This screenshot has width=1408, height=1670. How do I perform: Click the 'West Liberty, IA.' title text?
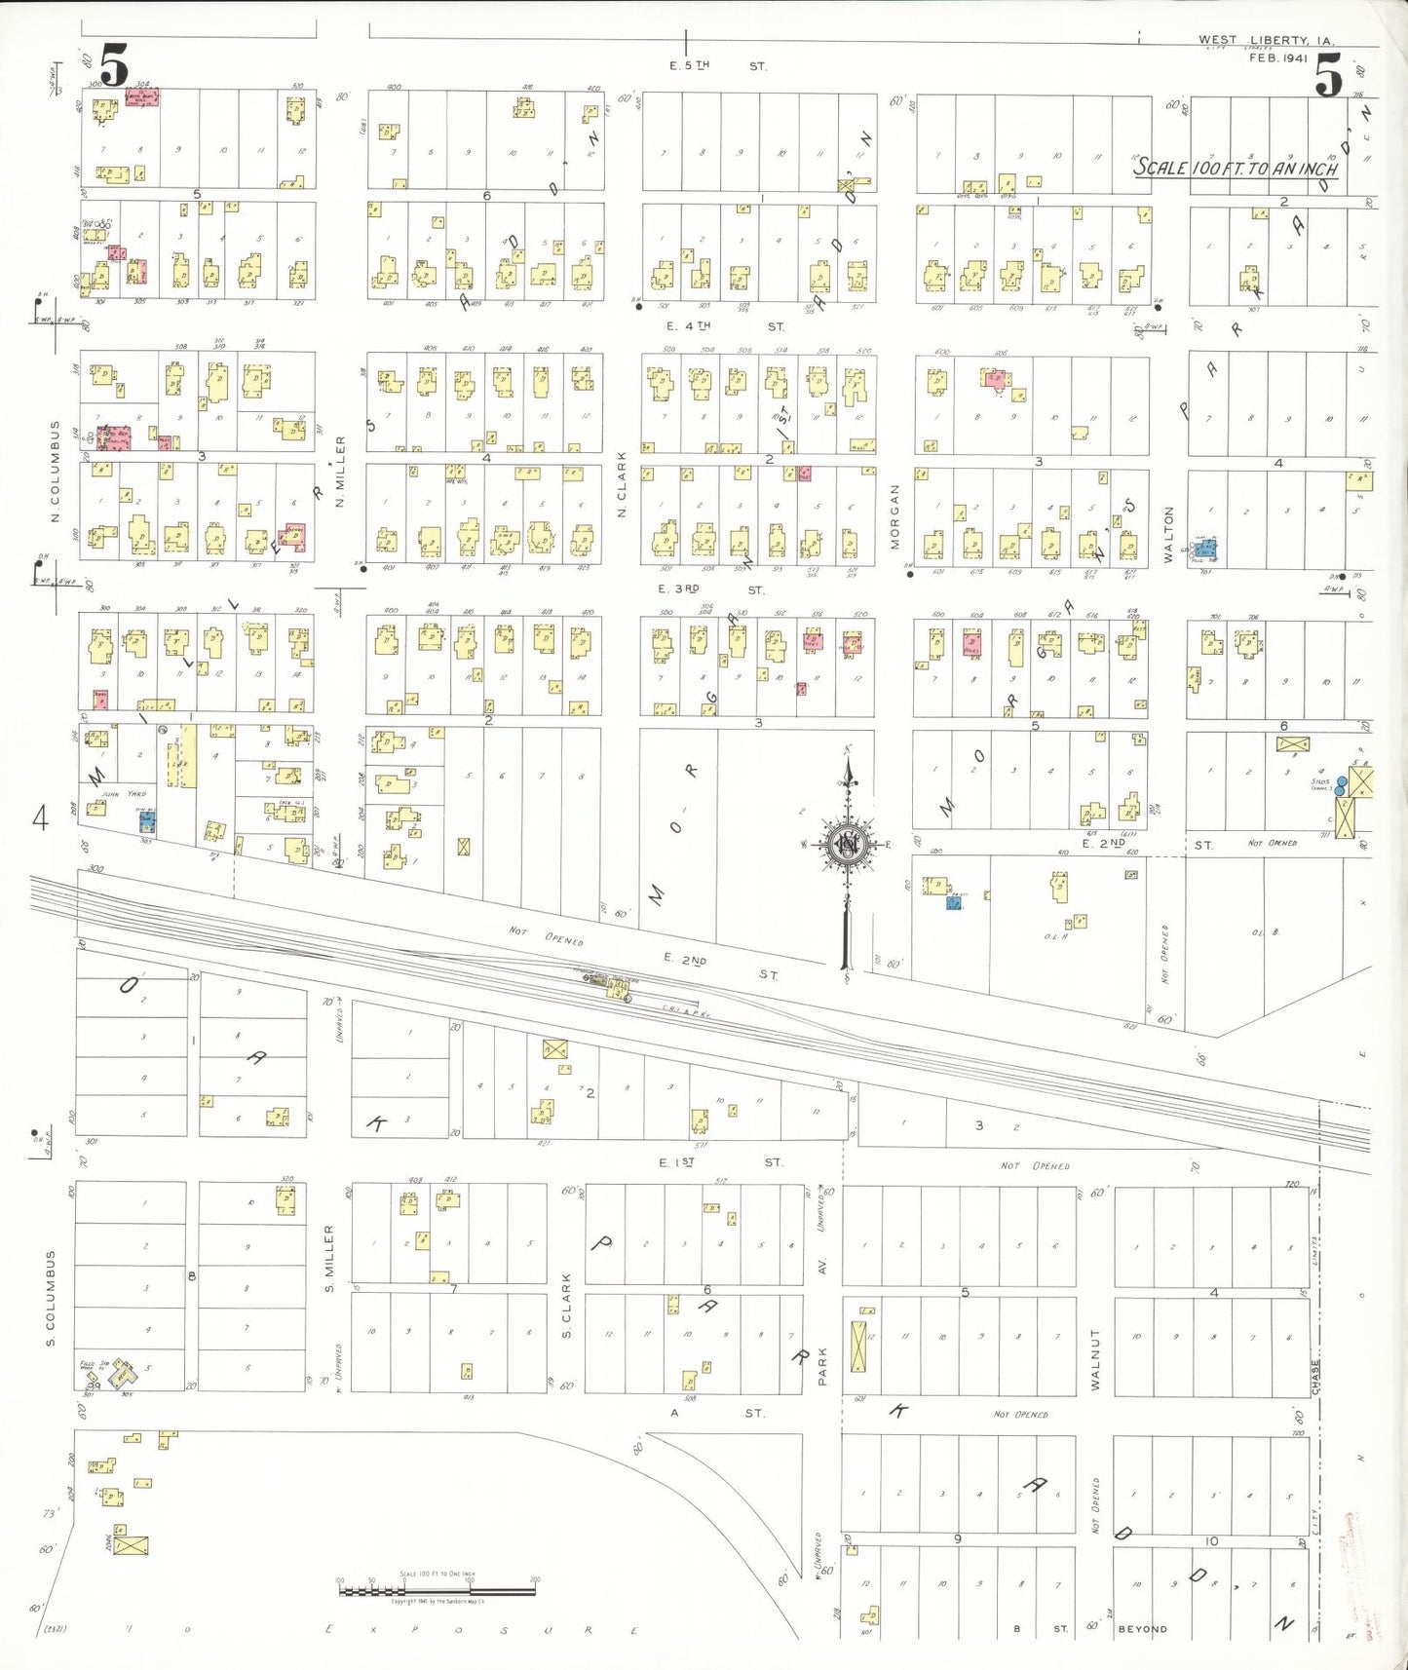pos(1266,41)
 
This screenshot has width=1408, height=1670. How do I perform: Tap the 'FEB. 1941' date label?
pos(1277,58)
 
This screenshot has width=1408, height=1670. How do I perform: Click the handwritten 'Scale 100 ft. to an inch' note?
pos(1237,168)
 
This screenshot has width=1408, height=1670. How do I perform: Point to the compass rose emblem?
pos(847,844)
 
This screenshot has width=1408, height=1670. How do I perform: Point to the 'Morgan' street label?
pos(894,516)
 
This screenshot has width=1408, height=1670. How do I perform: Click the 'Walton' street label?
pos(1169,535)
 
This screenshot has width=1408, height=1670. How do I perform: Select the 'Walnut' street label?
pos(1095,1358)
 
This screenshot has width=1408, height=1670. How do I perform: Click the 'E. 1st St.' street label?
pos(720,1162)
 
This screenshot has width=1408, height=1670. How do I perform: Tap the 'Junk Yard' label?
pos(102,794)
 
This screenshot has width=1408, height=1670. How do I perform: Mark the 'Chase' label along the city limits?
pos(1315,1377)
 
